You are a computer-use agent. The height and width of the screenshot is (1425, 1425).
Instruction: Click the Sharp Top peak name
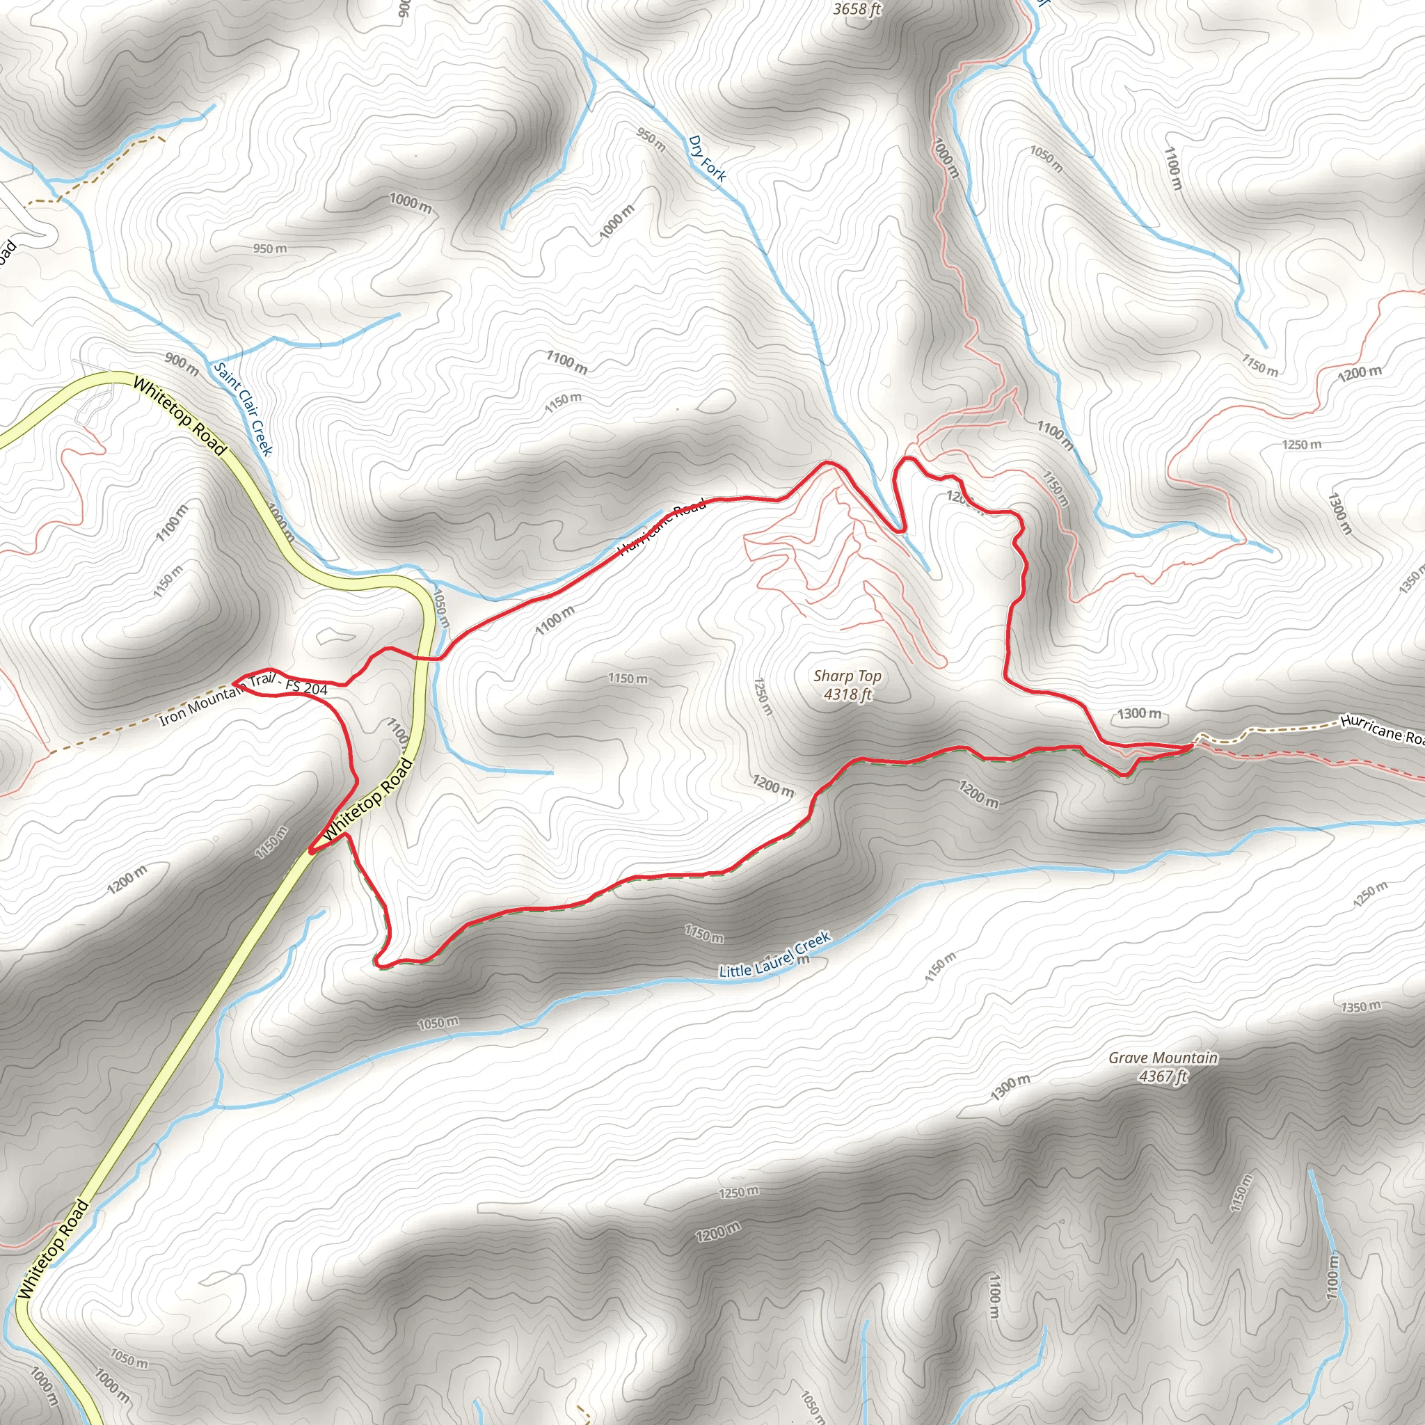click(847, 676)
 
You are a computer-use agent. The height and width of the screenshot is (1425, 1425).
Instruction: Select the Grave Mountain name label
click(1163, 1058)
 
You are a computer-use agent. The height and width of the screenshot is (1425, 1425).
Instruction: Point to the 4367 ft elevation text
click(1163, 1076)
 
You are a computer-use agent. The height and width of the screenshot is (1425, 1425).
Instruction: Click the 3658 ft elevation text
click(857, 10)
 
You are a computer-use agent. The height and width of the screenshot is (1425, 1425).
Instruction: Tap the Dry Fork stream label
click(707, 158)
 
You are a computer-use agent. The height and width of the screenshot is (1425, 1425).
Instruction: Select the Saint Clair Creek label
click(243, 408)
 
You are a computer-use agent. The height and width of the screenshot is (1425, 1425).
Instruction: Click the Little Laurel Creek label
click(774, 955)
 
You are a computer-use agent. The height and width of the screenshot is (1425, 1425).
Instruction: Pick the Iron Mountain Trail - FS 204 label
click(244, 698)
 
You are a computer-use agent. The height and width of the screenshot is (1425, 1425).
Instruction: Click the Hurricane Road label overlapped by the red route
click(661, 526)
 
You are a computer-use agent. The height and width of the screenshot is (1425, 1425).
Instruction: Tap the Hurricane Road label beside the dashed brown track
click(1380, 729)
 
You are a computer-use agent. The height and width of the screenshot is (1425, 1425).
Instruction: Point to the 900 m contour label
click(182, 363)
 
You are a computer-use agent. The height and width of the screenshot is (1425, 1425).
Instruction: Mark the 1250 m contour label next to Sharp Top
click(763, 696)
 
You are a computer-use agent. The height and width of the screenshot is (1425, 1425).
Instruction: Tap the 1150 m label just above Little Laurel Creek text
click(703, 933)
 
